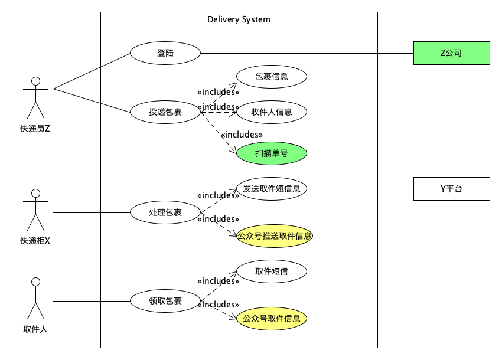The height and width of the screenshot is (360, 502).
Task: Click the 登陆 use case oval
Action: pyautogui.click(x=165, y=53)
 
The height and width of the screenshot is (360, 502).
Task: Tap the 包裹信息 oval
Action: pyautogui.click(x=272, y=77)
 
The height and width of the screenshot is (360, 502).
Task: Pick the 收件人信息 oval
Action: pyautogui.click(x=272, y=112)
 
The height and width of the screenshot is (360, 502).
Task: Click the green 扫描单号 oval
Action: pyautogui.click(x=272, y=153)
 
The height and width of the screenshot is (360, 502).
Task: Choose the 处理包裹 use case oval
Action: pyautogui.click(x=165, y=212)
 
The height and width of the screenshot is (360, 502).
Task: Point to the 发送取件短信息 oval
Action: pyautogui.click(x=272, y=189)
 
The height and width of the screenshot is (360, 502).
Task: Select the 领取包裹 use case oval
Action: pyautogui.click(x=165, y=301)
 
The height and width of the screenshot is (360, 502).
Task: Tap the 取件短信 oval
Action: pyautogui.click(x=272, y=271)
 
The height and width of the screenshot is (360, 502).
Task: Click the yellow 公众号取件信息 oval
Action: pyautogui.click(x=272, y=319)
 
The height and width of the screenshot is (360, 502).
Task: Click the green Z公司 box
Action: pyautogui.click(x=451, y=53)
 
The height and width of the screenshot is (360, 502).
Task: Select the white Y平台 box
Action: pyautogui.click(x=451, y=189)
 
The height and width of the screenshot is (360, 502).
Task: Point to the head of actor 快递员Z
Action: pyautogui.click(x=35, y=81)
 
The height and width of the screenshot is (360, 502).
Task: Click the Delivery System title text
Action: pyautogui.click(x=239, y=19)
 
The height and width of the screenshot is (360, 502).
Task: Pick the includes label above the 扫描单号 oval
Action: pyautogui.click(x=242, y=135)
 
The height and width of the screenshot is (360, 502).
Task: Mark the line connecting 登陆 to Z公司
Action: pyautogui.click(x=307, y=53)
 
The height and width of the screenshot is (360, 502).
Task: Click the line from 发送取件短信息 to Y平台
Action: pyautogui.click(x=360, y=189)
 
